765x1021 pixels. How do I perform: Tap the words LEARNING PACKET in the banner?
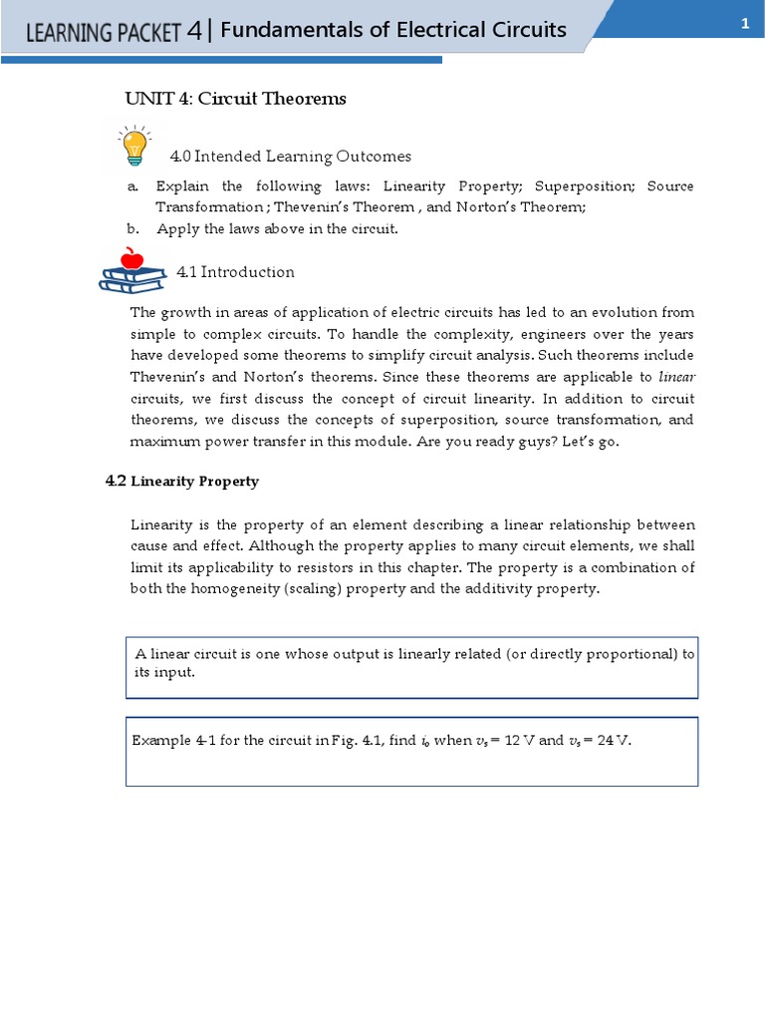104,32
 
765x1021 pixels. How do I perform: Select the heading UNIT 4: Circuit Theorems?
235,98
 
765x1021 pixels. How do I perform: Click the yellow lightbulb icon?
133,146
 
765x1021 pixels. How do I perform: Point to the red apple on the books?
130,260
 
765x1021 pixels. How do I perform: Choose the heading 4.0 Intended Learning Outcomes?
290,157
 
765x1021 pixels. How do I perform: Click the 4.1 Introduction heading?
235,272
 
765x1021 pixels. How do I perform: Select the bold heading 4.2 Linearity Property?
182,481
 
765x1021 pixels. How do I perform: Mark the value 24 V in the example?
611,742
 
